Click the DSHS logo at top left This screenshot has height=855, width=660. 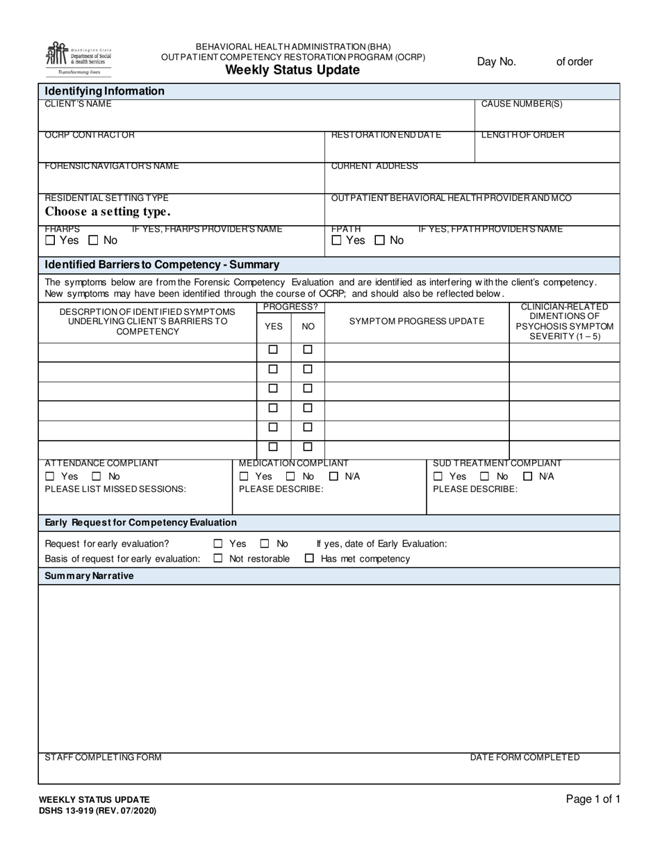coord(78,58)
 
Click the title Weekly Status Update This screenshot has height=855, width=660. coord(292,70)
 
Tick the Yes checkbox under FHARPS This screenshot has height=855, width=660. coord(49,241)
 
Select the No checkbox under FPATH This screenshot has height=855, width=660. coord(379,241)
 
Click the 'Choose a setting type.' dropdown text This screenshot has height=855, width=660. coord(107,211)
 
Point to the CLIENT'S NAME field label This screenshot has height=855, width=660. coord(78,104)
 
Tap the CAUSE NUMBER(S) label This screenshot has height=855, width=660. coord(522,104)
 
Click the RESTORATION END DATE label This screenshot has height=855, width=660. coord(386,135)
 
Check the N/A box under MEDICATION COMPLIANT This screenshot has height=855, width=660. coord(333,476)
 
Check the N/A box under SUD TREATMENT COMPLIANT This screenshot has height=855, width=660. coord(528,476)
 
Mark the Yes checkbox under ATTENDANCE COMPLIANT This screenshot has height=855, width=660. coord(49,476)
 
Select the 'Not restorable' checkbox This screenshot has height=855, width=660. coord(218,558)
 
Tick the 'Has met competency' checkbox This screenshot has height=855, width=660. coord(310,558)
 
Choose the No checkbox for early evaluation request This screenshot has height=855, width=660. coord(265,544)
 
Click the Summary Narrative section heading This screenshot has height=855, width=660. coord(89,576)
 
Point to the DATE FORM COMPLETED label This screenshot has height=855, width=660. coord(525,757)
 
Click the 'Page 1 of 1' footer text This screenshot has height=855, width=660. coord(593,799)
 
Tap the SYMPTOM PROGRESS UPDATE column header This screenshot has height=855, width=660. coord(417,321)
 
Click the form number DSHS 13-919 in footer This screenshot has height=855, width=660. coord(97,811)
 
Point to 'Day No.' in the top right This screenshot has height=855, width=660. coord(496,62)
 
